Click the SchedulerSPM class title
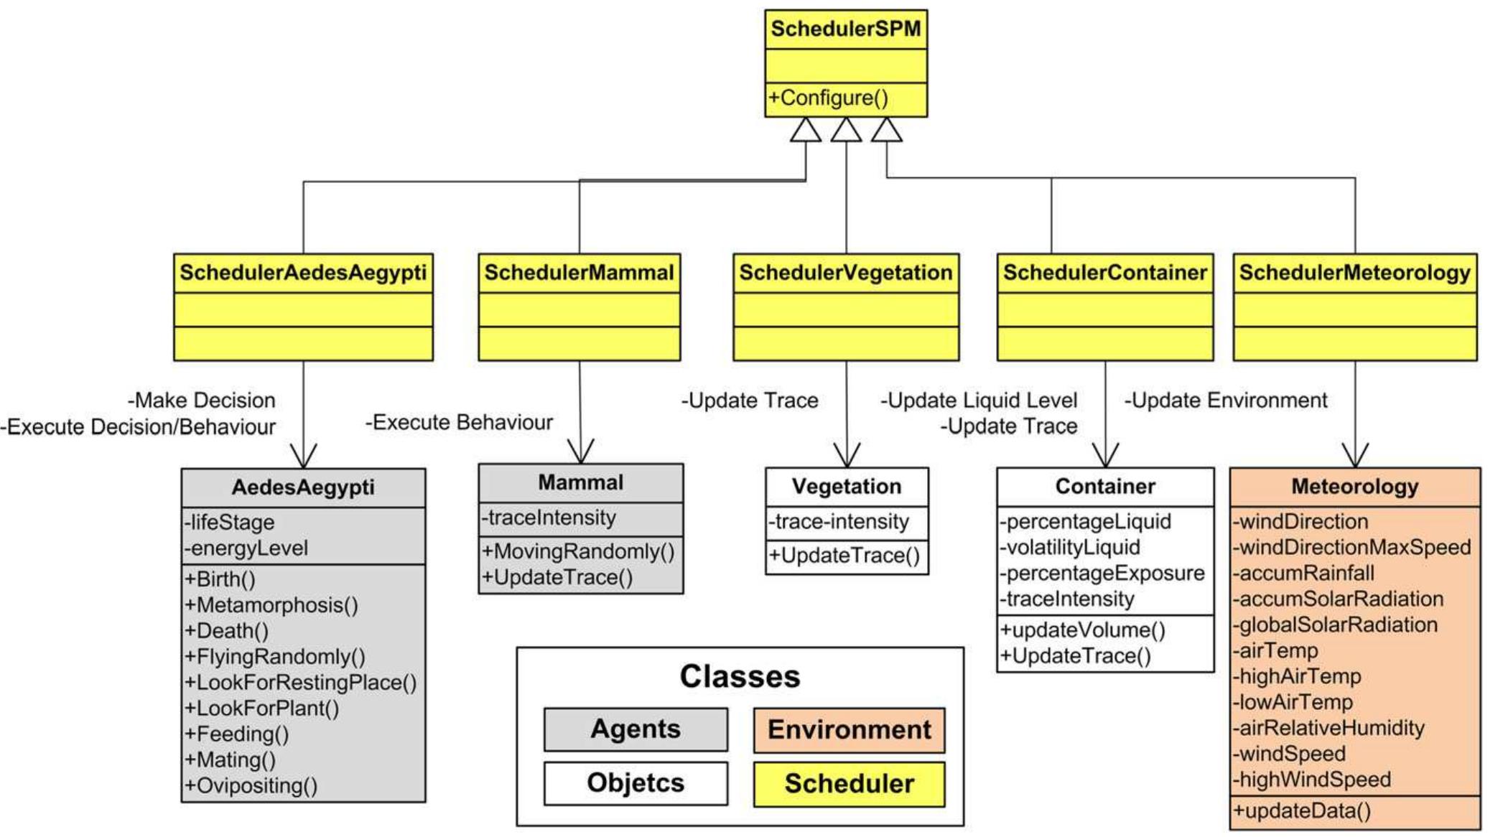(x=845, y=29)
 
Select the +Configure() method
(x=829, y=98)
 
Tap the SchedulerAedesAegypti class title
(x=302, y=273)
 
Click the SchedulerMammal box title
(x=579, y=273)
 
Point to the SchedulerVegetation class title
(x=845, y=273)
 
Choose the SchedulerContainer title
(x=1104, y=273)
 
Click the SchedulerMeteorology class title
(x=1354, y=273)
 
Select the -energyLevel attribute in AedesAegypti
(x=246, y=548)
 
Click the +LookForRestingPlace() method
(x=300, y=683)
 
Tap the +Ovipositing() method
(x=251, y=785)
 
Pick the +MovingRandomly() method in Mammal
(x=578, y=551)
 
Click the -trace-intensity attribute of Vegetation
(x=839, y=522)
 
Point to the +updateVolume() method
(x=1083, y=630)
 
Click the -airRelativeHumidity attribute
(x=1328, y=728)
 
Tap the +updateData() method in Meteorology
(x=1301, y=811)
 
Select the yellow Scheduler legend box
(x=849, y=784)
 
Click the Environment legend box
(x=849, y=730)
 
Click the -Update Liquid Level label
(x=979, y=401)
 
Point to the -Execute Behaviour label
(x=459, y=422)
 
